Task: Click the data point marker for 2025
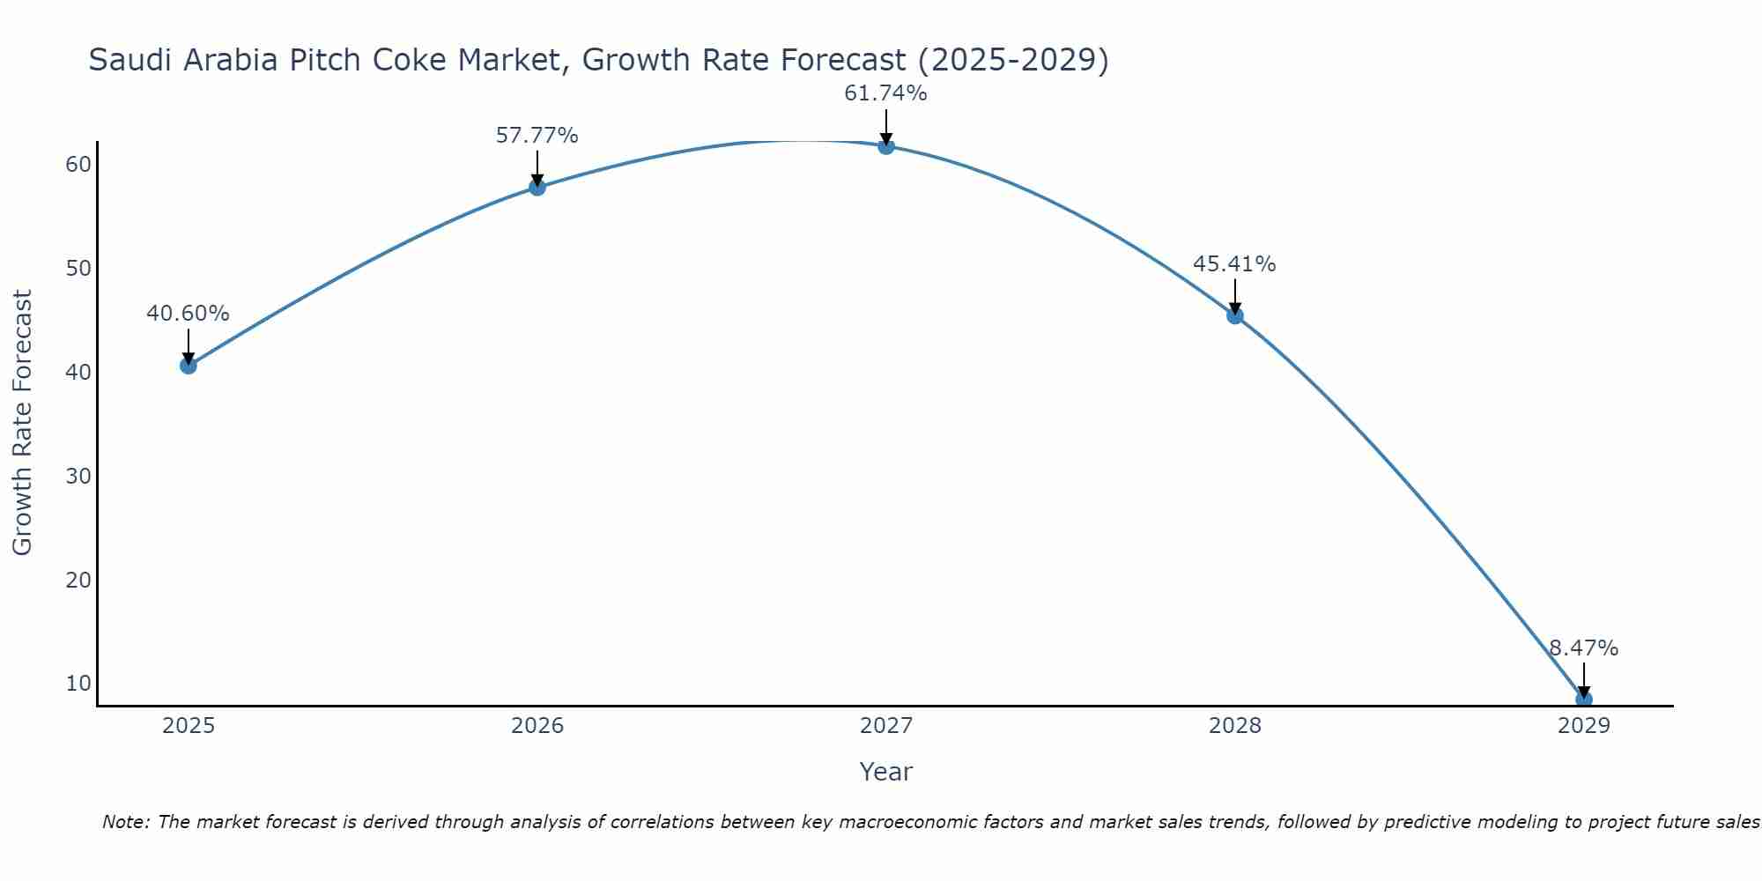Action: pos(188,366)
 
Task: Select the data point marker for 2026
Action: pos(537,187)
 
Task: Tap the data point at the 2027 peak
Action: pos(885,146)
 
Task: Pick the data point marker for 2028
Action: pos(1234,315)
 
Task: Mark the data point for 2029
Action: pos(1583,700)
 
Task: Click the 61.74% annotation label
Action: pos(885,93)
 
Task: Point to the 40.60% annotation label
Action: pos(188,314)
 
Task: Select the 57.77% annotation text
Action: pos(537,136)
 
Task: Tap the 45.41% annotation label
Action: pos(1234,264)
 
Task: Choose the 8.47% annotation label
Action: pos(1583,648)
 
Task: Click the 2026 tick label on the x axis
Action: pos(537,726)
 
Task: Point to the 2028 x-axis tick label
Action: pos(1234,726)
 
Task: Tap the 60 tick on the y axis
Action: pos(78,165)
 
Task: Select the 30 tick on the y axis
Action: pos(78,477)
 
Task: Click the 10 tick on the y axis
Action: pos(78,684)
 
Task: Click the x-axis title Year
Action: pos(885,772)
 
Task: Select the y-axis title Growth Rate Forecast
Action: pos(23,423)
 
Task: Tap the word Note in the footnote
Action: pos(126,823)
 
